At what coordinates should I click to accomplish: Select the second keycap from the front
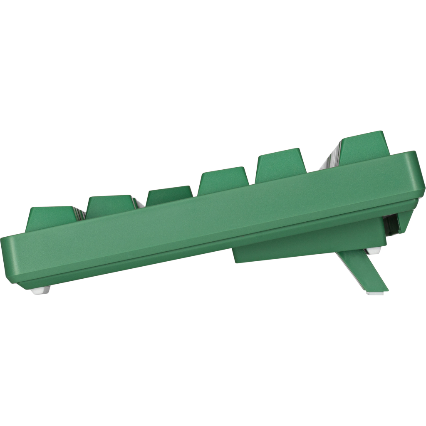pos(110,206)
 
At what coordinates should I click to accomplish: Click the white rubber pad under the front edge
pos(40,290)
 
